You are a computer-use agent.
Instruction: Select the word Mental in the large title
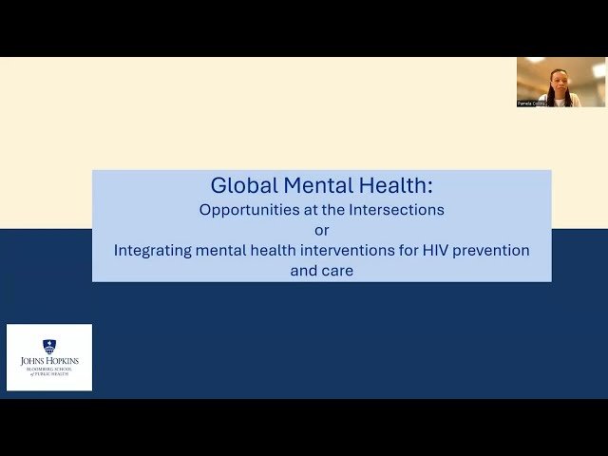click(x=302, y=185)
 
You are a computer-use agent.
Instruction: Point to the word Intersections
click(x=397, y=209)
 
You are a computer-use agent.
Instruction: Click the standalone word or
click(x=321, y=230)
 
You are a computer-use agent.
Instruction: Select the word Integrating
click(x=154, y=251)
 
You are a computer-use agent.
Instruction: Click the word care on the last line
click(x=337, y=271)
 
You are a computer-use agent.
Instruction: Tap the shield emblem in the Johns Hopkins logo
click(x=49, y=347)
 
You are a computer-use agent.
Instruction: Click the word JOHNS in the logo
click(x=34, y=362)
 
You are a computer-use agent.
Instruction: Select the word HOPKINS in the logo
click(x=63, y=362)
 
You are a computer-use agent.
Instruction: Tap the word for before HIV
click(x=404, y=251)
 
